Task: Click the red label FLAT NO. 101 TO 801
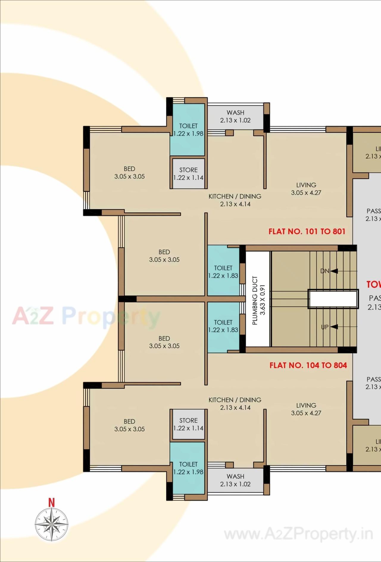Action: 307,232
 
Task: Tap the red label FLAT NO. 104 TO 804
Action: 308,365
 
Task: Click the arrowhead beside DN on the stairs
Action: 334,271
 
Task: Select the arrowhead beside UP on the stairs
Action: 334,327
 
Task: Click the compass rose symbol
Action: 51,524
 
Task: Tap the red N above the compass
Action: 51,503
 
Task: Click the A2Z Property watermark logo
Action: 86,317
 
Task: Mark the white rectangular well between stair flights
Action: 333,299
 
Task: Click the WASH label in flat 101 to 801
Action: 235,113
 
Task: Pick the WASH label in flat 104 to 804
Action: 235,476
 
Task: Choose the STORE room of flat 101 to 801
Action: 188,173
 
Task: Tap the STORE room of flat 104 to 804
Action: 188,424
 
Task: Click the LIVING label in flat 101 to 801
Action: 306,185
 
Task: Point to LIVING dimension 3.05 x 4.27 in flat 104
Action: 306,413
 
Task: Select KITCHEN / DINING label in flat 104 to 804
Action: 235,400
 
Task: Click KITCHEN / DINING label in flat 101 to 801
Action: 235,196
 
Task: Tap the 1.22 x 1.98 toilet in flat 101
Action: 188,130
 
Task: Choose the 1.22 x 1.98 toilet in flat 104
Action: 188,468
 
